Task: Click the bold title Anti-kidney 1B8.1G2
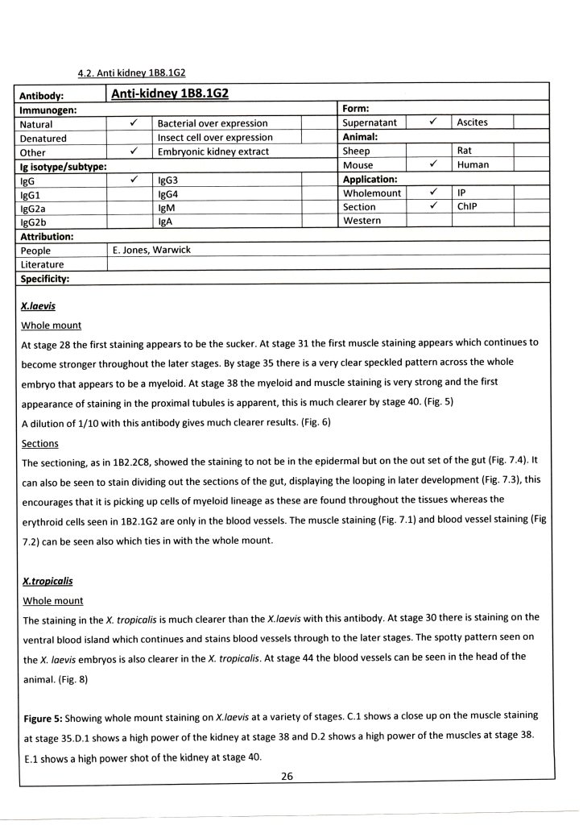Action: click(x=169, y=94)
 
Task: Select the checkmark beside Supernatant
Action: click(x=432, y=122)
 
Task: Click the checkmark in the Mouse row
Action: click(x=432, y=164)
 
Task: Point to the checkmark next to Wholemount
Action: click(x=432, y=193)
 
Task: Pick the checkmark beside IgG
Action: click(x=130, y=180)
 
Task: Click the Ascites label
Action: click(x=472, y=122)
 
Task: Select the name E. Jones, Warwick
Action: click(x=154, y=250)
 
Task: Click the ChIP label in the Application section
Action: click(x=468, y=206)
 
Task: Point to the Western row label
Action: click(x=362, y=220)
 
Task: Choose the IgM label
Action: click(x=167, y=207)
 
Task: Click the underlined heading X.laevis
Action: click(x=37, y=307)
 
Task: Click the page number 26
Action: click(x=287, y=776)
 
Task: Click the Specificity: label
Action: click(x=44, y=278)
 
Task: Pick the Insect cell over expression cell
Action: click(x=215, y=138)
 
